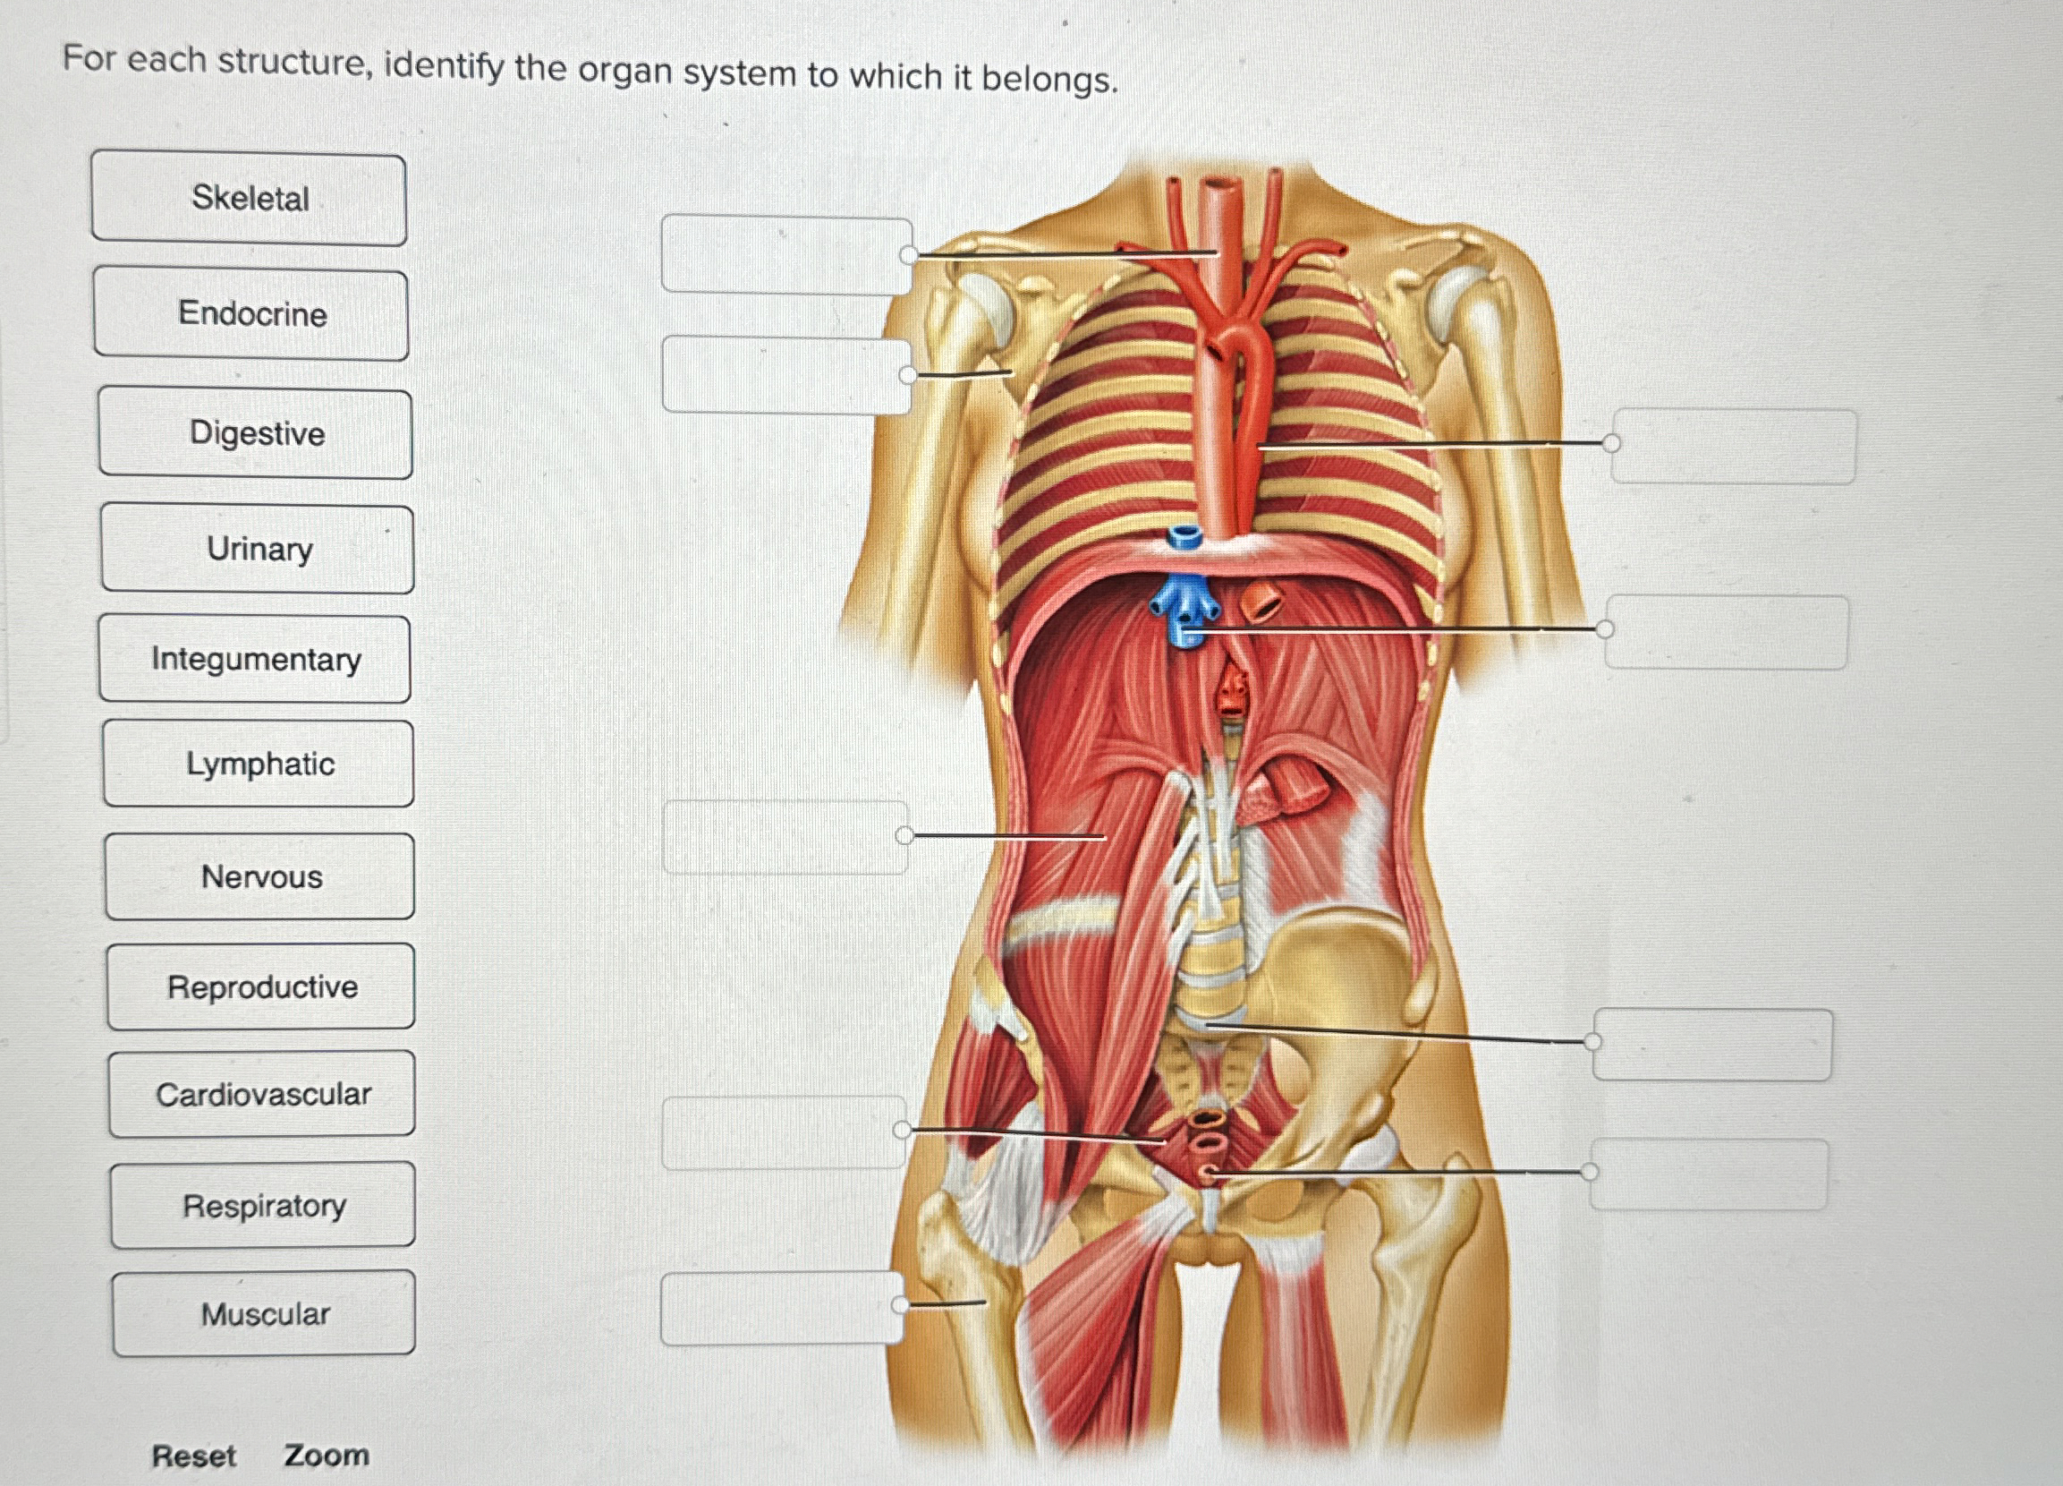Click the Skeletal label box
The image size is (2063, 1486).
coord(249,199)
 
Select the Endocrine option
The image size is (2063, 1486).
coord(251,314)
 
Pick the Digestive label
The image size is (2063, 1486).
coord(256,433)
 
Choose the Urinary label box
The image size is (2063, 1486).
coord(259,549)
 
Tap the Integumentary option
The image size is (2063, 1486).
coord(255,659)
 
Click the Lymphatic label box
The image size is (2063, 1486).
coord(259,764)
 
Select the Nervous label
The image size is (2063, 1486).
coord(261,876)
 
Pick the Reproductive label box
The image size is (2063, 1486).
coord(262,986)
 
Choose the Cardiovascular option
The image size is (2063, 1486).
coord(263,1094)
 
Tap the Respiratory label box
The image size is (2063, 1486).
coord(264,1206)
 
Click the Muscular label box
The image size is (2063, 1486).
coord(265,1314)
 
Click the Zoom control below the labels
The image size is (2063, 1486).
coord(326,1455)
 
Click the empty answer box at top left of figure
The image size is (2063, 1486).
coord(785,255)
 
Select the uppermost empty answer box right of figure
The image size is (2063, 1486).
coord(1734,446)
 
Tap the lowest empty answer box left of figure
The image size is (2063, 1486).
coord(781,1309)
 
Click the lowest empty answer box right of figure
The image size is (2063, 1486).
coord(1709,1174)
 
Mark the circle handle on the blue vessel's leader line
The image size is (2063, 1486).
coord(1606,628)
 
